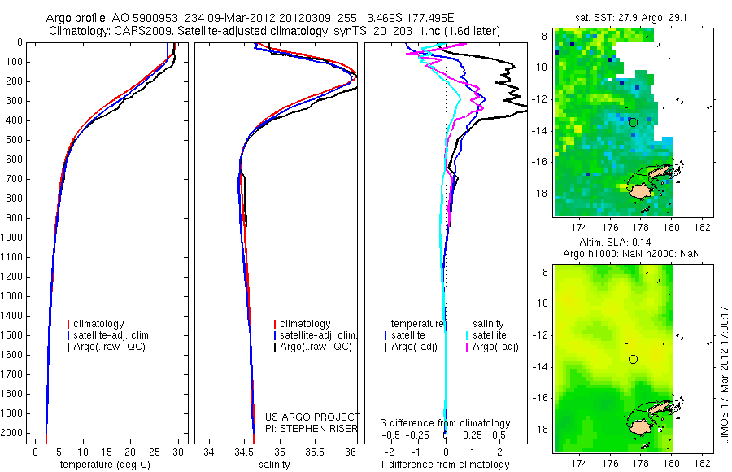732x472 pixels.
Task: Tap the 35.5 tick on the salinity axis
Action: pyautogui.click(x=316, y=452)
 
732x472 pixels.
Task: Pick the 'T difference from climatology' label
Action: pyautogui.click(x=445, y=465)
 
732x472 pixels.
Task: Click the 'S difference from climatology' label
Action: pyautogui.click(x=446, y=423)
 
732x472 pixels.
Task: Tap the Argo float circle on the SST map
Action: pyautogui.click(x=634, y=123)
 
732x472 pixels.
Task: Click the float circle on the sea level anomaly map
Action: pyautogui.click(x=634, y=359)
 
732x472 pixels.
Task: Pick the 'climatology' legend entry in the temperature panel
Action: pyautogui.click(x=102, y=324)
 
